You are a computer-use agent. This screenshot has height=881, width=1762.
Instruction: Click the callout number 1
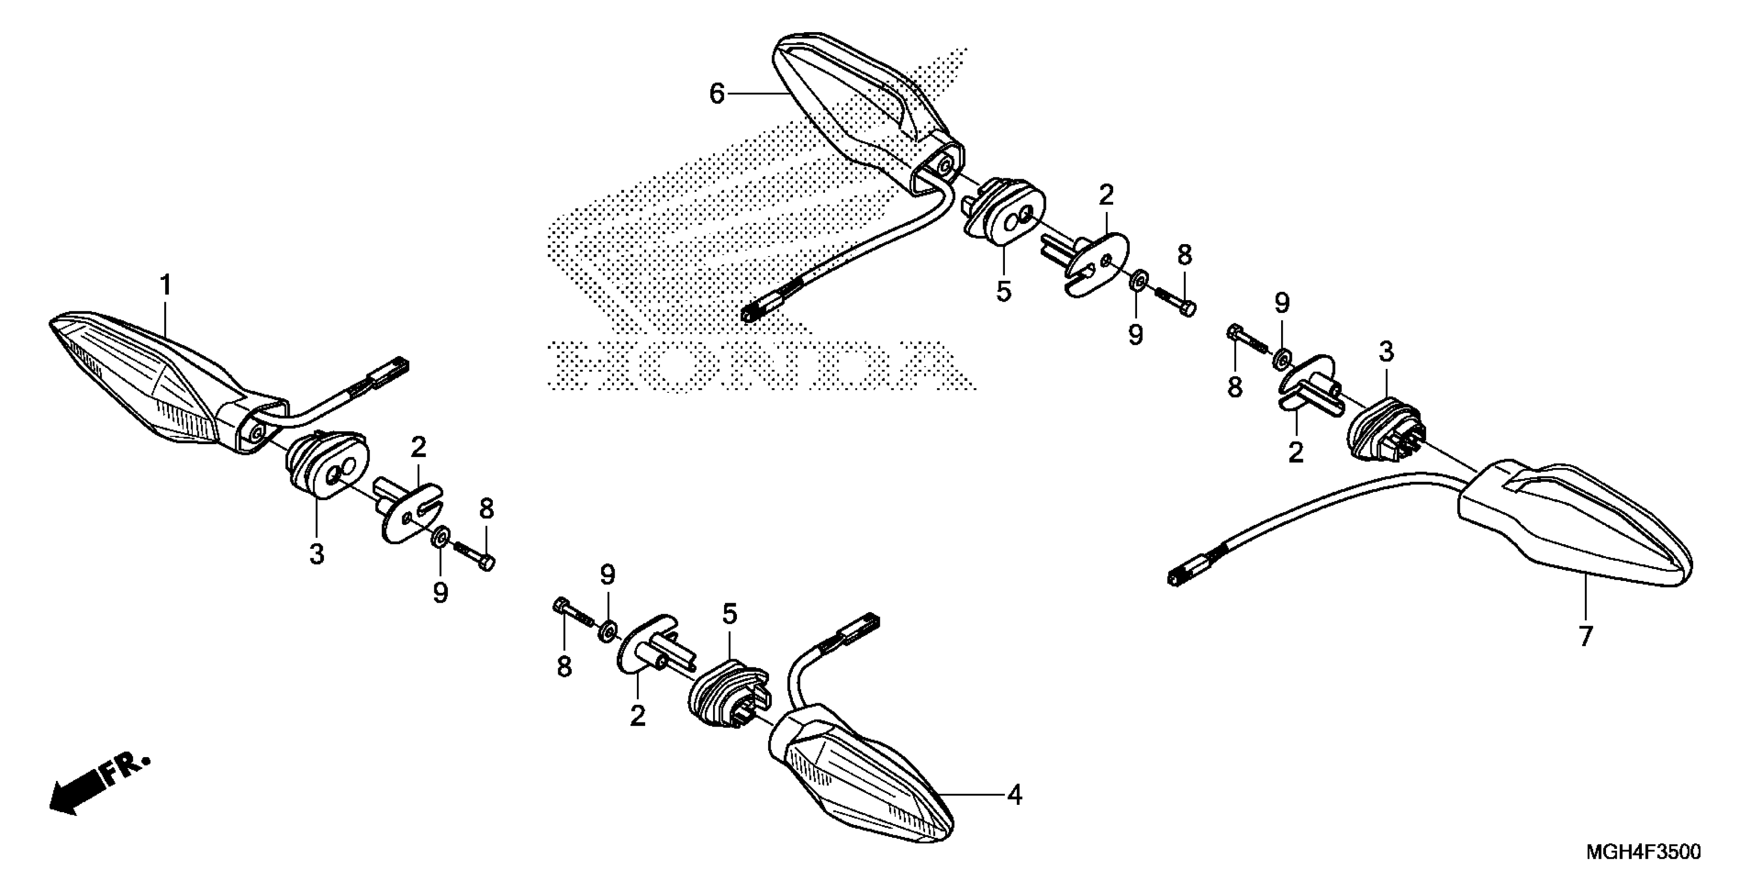tap(165, 285)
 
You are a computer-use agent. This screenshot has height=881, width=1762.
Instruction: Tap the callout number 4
tap(1015, 795)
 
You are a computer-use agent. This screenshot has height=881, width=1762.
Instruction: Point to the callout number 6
tap(716, 94)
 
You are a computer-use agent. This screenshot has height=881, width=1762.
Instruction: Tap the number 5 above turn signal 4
tap(730, 614)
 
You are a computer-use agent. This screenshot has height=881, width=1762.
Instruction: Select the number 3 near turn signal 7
tap(1386, 352)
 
